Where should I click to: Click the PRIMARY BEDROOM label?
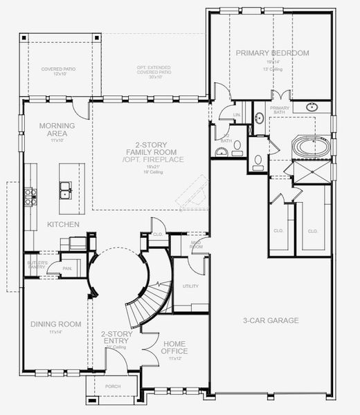point(271,53)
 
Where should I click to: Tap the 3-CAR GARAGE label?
point(270,320)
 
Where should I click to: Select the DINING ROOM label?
point(55,324)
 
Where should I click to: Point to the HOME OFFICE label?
point(173,347)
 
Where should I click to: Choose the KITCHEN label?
point(62,225)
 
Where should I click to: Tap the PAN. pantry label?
point(68,268)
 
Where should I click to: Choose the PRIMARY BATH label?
point(280,109)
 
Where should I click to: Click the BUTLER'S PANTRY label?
point(37,266)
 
